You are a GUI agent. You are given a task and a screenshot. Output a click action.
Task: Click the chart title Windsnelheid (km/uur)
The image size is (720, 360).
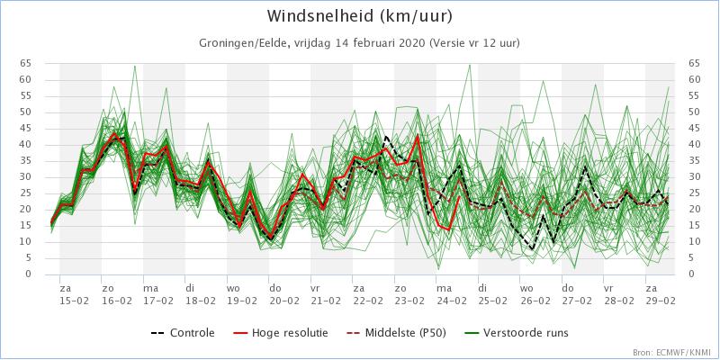tap(359, 17)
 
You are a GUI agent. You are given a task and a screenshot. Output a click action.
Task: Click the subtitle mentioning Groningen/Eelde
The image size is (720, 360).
tap(359, 43)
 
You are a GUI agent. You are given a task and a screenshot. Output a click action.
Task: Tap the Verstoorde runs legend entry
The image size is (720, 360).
tap(526, 333)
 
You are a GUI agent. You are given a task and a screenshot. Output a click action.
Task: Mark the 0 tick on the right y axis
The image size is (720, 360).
tap(691, 274)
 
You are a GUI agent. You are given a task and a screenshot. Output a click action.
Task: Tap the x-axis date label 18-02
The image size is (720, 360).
tap(200, 300)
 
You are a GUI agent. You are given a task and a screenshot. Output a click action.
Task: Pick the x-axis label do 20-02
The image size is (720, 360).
tap(283, 293)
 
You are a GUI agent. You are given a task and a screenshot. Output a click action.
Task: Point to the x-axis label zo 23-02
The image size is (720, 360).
tap(409, 293)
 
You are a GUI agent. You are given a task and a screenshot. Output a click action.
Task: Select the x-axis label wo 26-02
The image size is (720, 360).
tap(535, 293)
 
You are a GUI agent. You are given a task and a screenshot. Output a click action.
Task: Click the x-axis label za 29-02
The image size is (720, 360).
tap(661, 293)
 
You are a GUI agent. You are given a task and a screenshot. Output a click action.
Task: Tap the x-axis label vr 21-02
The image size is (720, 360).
tap(325, 293)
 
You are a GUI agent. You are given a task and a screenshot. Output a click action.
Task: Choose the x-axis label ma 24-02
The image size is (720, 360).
tap(451, 293)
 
